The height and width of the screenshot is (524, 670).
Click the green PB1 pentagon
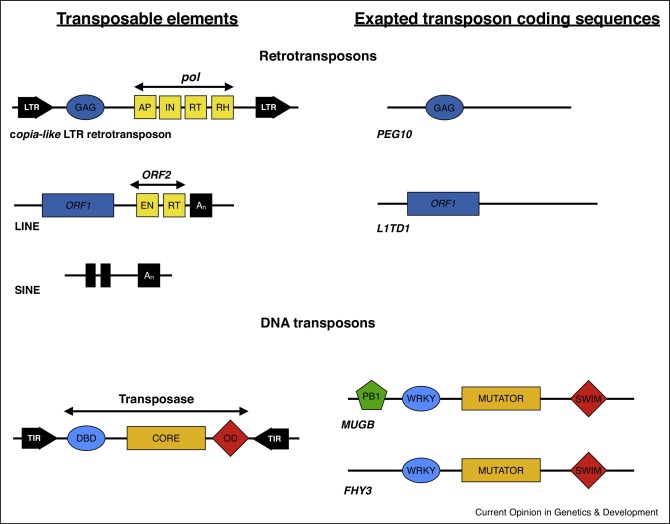[371, 396]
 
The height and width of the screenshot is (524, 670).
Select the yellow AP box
[145, 107]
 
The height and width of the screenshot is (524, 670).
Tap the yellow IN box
[170, 107]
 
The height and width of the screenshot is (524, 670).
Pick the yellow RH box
[223, 107]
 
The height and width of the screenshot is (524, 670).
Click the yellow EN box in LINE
[147, 205]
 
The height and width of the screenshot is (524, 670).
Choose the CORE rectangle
[166, 438]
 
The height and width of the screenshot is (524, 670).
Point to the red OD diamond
[230, 438]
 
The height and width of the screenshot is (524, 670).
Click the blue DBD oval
[86, 438]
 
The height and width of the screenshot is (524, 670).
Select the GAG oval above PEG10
[444, 107]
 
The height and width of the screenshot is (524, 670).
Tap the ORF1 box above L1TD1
[443, 204]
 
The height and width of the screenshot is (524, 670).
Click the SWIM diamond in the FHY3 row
[588, 471]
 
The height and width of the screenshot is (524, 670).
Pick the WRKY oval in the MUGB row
[421, 398]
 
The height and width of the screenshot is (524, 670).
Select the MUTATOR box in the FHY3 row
[501, 471]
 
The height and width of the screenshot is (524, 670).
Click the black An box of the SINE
[149, 275]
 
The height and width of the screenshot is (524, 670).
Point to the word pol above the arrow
[191, 77]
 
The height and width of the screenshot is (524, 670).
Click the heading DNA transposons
[318, 323]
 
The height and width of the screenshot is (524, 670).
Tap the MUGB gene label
[358, 424]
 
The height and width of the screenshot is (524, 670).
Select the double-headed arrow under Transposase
[156, 411]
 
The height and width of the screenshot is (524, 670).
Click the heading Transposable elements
[147, 19]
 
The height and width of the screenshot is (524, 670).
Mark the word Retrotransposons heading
[318, 56]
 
